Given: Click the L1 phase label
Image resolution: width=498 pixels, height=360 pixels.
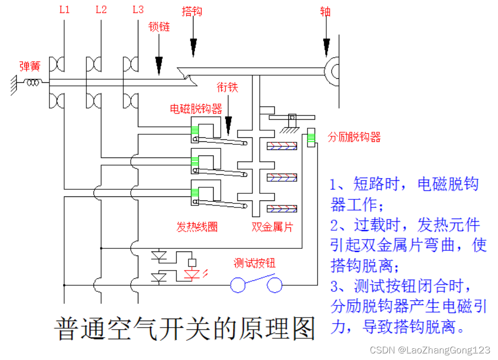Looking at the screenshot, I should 64,10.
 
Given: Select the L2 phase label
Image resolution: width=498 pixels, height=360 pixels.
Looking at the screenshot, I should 101,10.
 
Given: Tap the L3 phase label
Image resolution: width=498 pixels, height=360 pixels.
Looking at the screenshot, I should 138,10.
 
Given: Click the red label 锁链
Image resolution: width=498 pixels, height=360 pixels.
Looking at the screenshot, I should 159,26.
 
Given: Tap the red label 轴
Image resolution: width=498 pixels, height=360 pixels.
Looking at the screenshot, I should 325,12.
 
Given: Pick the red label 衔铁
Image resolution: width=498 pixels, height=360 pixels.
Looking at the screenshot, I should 227,87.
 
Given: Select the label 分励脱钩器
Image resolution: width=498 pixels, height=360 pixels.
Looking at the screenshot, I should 354,137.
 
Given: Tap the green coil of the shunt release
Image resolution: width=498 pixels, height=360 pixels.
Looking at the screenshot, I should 311,136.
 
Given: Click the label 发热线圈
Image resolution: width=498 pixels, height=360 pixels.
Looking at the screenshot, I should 196,227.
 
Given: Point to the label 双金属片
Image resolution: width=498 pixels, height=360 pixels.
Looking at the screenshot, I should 272,227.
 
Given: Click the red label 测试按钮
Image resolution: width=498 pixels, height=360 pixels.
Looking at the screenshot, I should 255,263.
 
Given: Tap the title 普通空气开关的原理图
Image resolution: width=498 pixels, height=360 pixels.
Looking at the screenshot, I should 184,329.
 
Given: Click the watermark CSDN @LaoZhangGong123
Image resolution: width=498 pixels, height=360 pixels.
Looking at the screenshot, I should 430,350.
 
